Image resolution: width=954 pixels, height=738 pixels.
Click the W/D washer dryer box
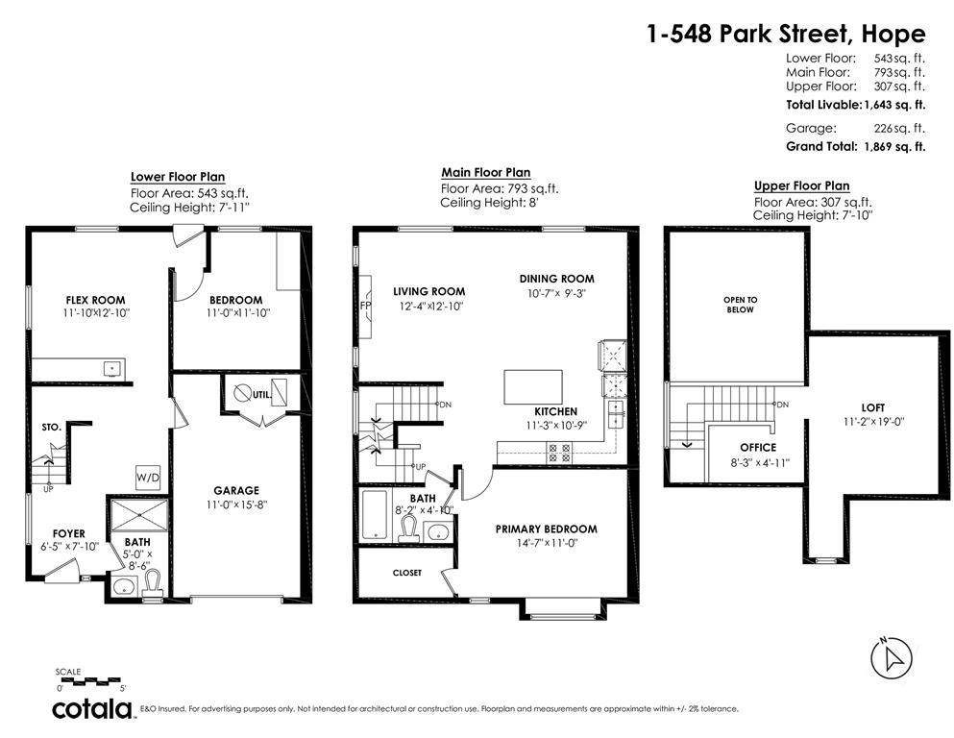coord(148,476)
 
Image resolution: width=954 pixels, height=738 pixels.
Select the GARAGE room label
coord(235,490)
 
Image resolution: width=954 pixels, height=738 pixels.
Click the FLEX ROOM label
coord(95,300)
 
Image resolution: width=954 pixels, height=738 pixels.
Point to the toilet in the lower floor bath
coord(150,581)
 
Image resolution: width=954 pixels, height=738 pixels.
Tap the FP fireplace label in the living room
coord(364,305)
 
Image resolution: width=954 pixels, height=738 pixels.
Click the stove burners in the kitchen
coord(558,451)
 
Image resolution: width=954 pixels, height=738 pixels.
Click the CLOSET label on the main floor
coord(406,573)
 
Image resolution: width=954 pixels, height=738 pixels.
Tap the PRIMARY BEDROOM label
coord(546,529)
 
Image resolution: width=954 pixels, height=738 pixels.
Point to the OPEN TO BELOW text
coord(740,305)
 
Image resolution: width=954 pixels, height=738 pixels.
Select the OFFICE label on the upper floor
coord(757,448)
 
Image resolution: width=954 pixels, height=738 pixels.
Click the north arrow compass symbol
coord(889,657)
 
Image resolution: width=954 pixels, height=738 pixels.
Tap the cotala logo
coord(92,709)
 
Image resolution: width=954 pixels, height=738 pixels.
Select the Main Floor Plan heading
coord(485,173)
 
